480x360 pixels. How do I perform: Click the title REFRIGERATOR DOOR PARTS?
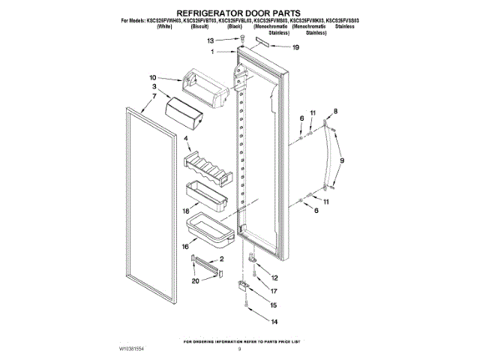(238, 13)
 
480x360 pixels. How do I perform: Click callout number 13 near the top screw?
(211, 40)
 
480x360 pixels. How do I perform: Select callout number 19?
(295, 47)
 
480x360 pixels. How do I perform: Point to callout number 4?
(184, 139)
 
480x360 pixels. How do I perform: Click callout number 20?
(195, 281)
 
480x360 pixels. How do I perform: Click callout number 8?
(335, 111)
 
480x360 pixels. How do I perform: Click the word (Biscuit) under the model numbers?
(199, 25)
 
